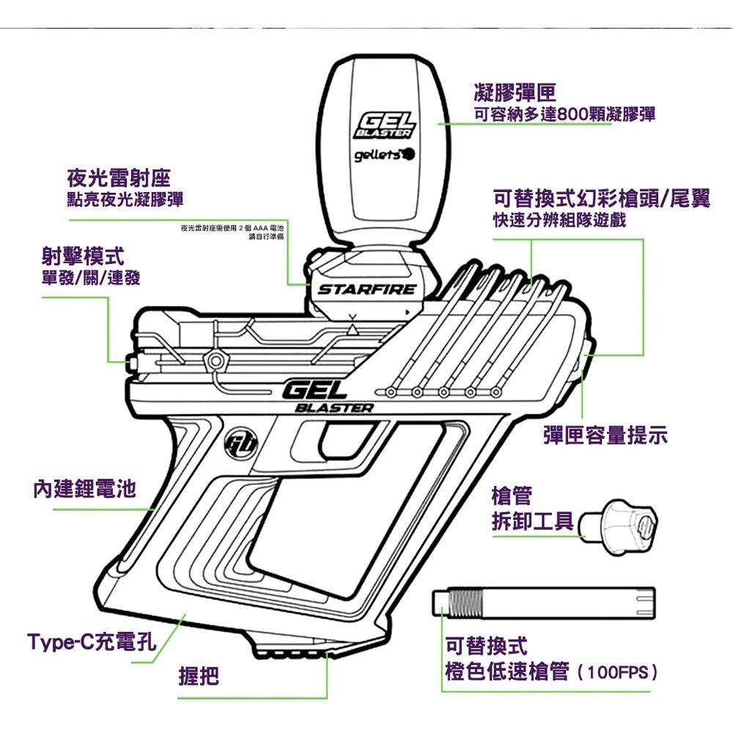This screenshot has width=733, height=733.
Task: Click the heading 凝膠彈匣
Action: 515,92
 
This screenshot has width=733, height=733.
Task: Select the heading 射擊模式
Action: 83,257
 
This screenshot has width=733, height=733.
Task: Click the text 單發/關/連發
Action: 91,278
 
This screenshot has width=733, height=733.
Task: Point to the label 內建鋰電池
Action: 85,489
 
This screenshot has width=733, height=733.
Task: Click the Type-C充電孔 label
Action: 92,643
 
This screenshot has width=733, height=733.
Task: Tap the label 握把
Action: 199,676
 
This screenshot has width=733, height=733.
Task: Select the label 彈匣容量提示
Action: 605,436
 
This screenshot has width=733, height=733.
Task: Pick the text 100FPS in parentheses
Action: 617,671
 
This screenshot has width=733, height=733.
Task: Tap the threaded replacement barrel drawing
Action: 542,601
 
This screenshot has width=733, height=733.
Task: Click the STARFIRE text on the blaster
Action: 366,290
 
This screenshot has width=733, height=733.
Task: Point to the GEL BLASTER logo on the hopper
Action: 384,125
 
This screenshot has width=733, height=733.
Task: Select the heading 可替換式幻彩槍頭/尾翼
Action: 602,199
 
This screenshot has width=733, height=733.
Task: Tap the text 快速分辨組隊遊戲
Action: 559,221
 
